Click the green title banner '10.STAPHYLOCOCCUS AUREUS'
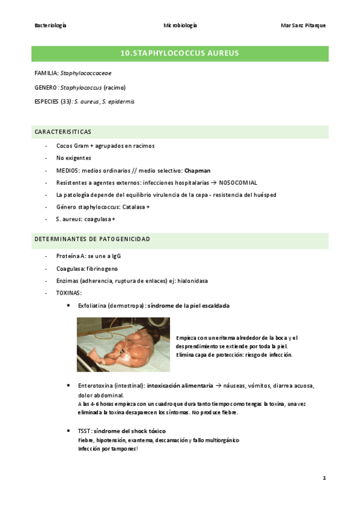click(180, 54)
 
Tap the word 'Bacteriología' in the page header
click(50, 25)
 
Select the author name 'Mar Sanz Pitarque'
click(303, 25)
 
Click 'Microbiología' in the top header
click(180, 25)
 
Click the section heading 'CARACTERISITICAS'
click(63, 132)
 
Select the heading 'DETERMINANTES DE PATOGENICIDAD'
click(92, 239)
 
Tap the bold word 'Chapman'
click(198, 171)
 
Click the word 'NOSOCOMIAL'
click(238, 182)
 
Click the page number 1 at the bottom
click(324, 478)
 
